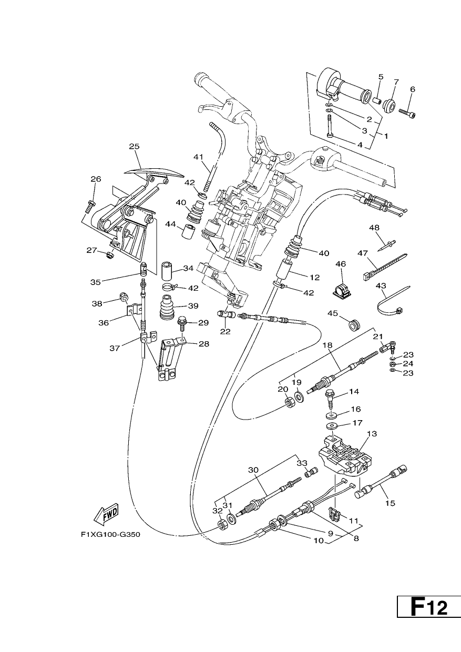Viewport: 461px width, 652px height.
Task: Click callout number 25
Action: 134,146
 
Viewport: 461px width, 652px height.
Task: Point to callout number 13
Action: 372,434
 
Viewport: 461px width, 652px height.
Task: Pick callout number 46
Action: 341,264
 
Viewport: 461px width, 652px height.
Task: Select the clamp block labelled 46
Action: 341,290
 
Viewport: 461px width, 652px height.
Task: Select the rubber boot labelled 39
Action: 167,309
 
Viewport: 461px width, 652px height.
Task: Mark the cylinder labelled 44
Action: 188,231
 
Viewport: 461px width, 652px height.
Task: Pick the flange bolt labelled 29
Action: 182,323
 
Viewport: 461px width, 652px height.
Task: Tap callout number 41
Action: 198,157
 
